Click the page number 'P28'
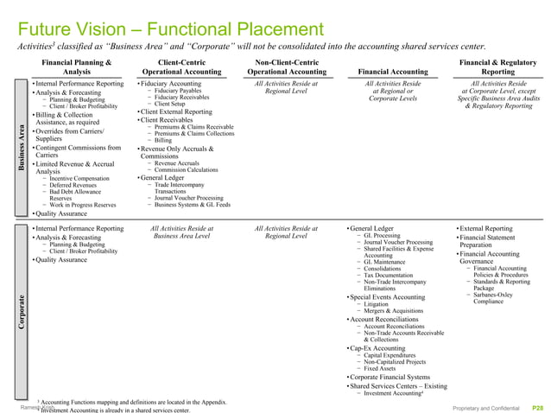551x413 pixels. coord(537,406)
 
